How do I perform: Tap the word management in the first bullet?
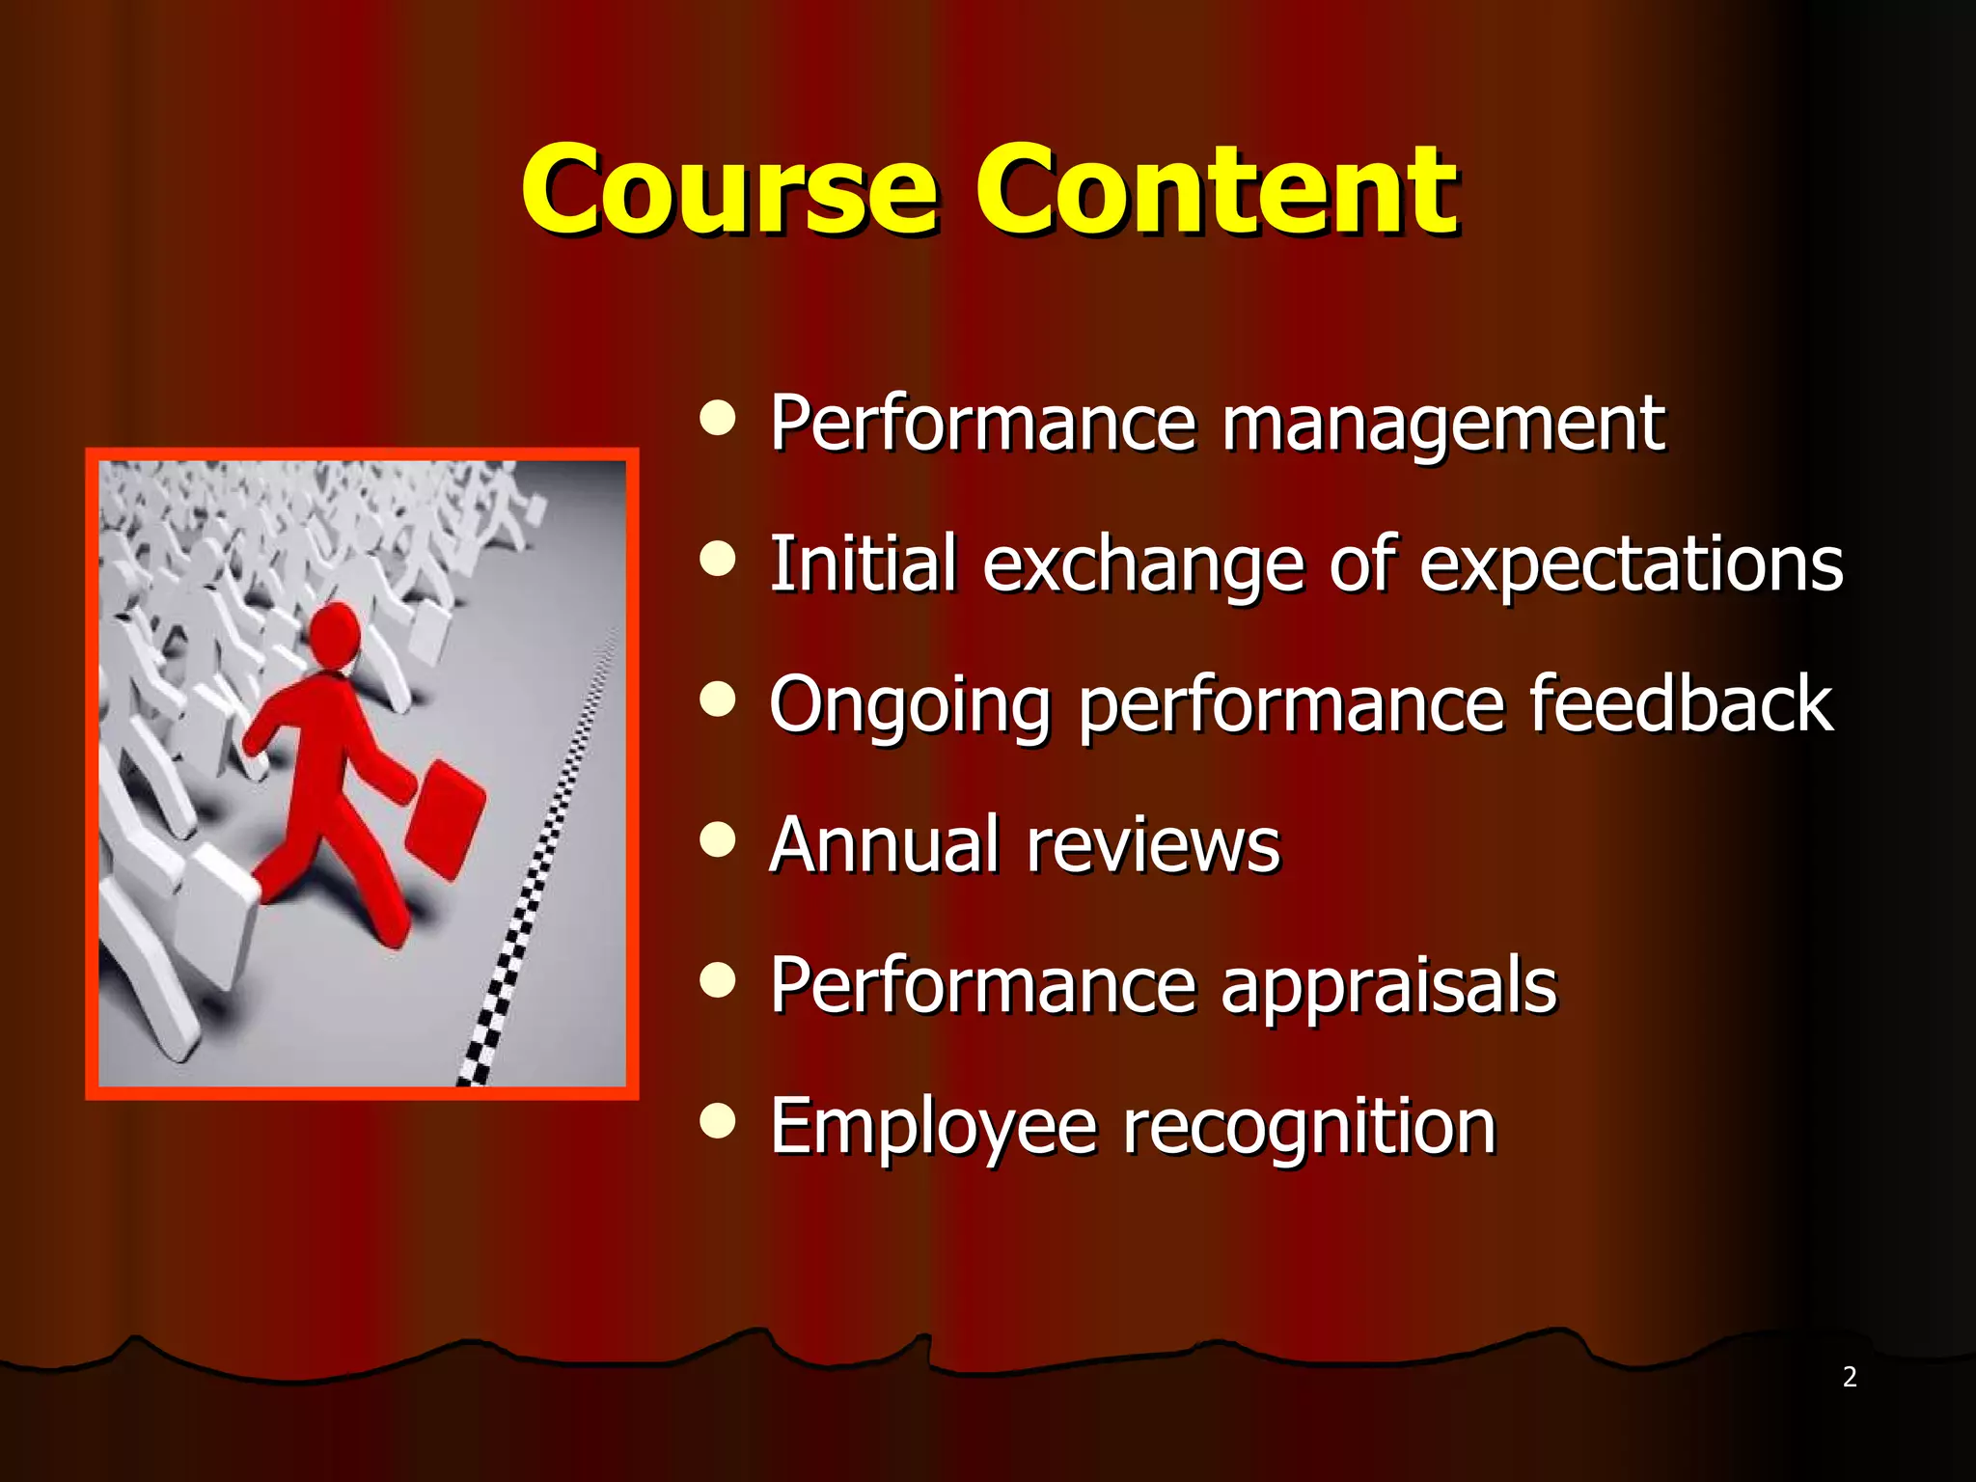pyautogui.click(x=1442, y=425)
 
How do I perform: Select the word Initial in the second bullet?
pyautogui.click(x=863, y=563)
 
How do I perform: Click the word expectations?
pyautogui.click(x=1631, y=565)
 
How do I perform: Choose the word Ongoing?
pyautogui.click(x=909, y=706)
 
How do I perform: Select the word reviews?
pyautogui.click(x=1153, y=846)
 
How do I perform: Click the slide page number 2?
pyautogui.click(x=1850, y=1377)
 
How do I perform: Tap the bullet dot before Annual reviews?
pyautogui.click(x=718, y=838)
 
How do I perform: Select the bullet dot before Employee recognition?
pyautogui.click(x=718, y=1120)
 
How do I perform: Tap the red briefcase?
pyautogui.click(x=445, y=818)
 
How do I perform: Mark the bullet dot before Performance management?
pyautogui.click(x=718, y=419)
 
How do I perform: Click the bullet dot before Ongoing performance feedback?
pyautogui.click(x=718, y=699)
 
